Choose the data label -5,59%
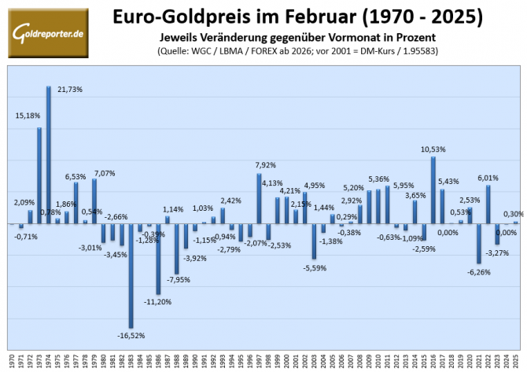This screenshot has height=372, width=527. point(314,267)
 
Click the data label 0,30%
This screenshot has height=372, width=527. point(513,213)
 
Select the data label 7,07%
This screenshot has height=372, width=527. point(105,172)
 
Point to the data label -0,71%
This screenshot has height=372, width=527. point(25,236)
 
